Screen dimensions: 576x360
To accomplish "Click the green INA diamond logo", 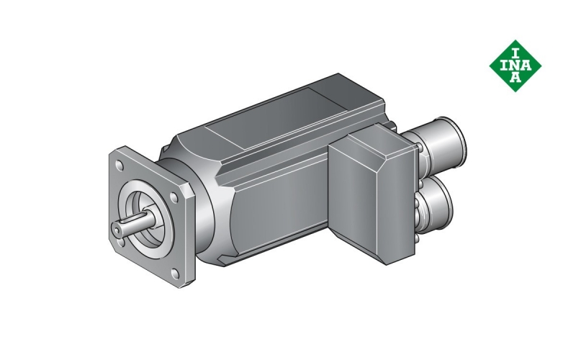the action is click(516, 66).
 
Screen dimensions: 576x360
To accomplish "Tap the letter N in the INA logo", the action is click(516, 66).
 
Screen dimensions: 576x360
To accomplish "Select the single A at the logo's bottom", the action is click(516, 77).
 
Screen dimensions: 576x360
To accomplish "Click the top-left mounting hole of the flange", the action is click(120, 166).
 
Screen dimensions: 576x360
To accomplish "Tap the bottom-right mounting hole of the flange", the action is click(176, 274).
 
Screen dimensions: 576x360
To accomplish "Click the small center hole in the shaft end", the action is click(117, 230).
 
